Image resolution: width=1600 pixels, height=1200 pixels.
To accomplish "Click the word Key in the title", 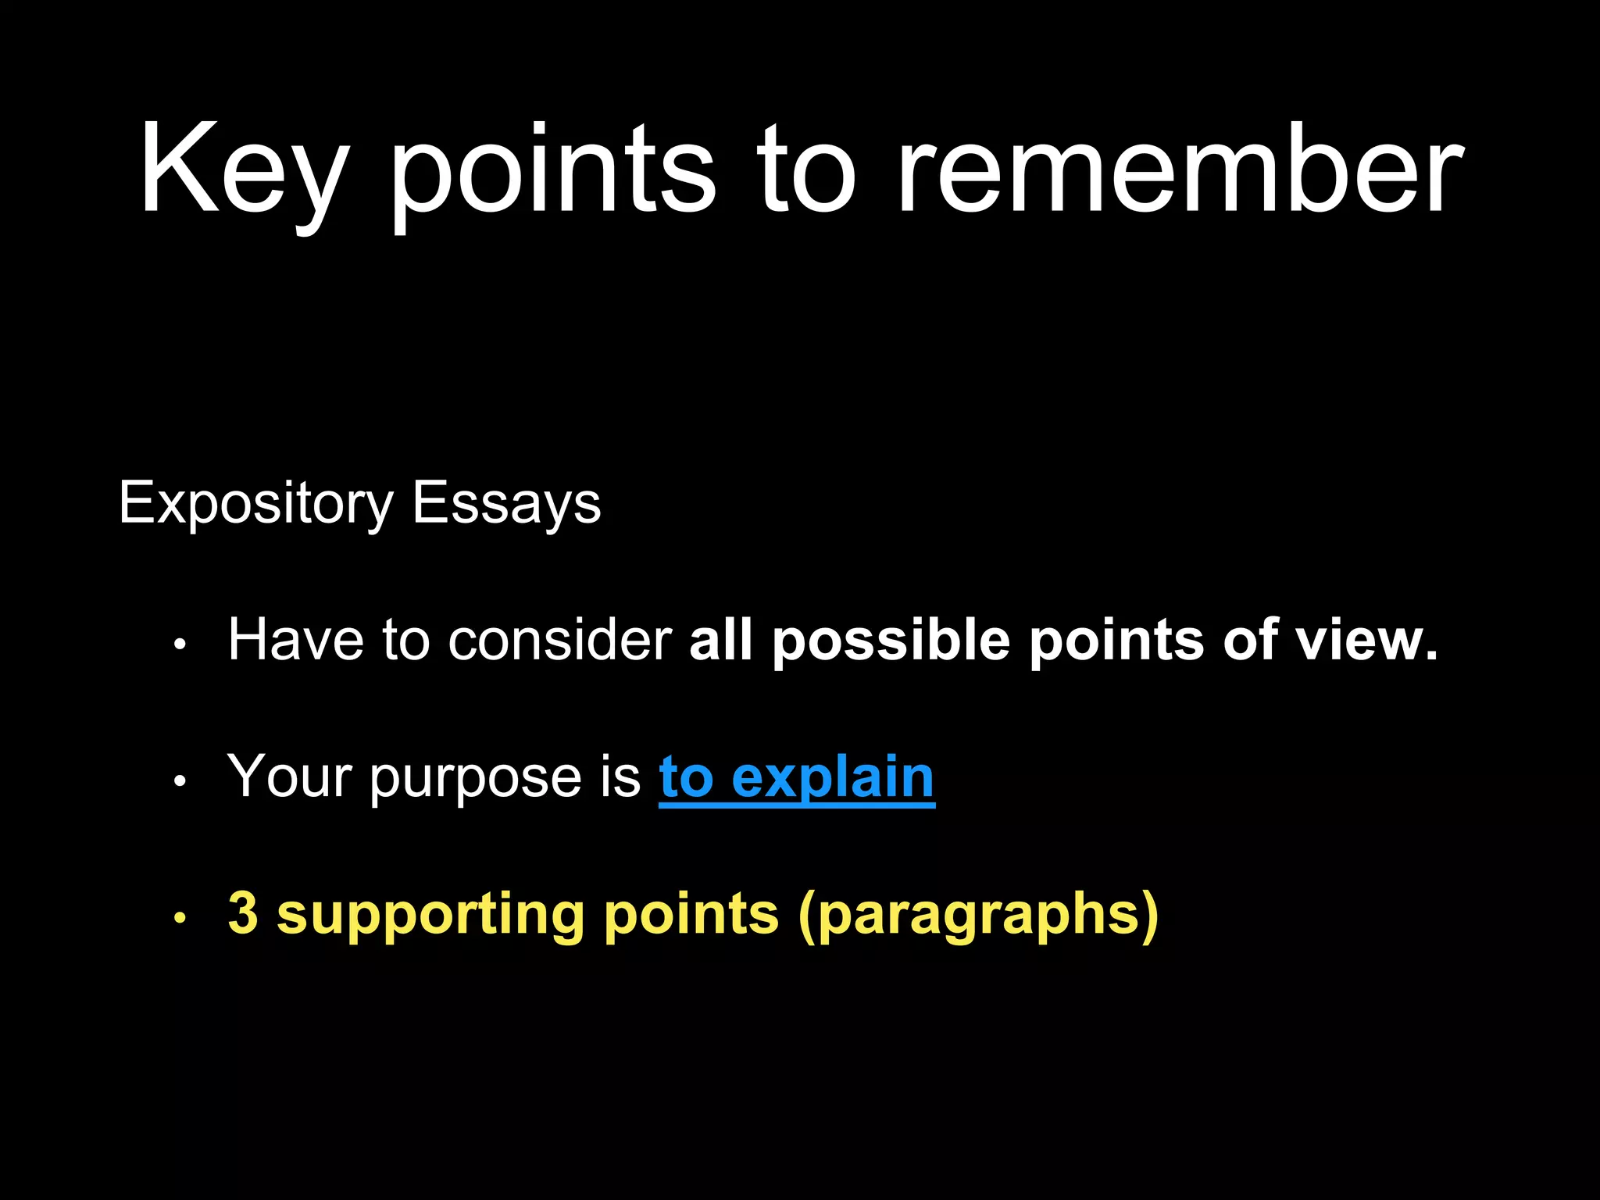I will point(243,172).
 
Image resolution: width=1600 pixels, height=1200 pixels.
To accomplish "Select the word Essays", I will point(506,504).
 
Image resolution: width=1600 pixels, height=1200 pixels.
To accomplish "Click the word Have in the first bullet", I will point(295,641).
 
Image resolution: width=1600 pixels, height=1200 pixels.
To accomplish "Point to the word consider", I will point(559,641).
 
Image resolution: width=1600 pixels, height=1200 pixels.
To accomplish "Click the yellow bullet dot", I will point(180,918).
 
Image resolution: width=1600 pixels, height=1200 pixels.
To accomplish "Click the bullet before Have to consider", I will point(180,645).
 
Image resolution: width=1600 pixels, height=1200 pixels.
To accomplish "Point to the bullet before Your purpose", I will point(180,781).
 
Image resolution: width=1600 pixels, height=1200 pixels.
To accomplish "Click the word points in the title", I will point(552,172).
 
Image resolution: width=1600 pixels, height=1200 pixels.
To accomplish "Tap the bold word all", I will point(720,641).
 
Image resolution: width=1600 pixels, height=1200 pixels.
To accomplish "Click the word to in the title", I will point(806,172).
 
